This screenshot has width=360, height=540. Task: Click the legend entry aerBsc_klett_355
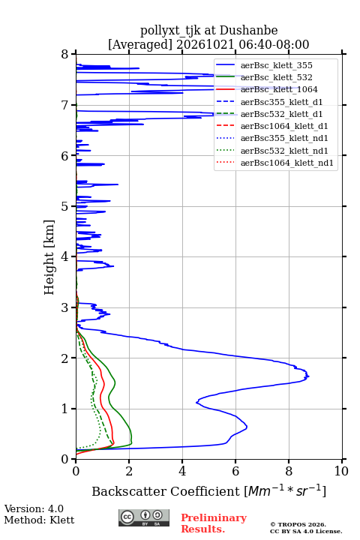[x=276, y=65]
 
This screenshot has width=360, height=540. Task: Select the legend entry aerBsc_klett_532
[x=276, y=77]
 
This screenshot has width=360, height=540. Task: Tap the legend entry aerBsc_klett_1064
[x=279, y=89]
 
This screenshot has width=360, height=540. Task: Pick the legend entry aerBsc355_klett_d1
[x=281, y=102]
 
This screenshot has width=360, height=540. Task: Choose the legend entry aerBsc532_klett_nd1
[x=284, y=151]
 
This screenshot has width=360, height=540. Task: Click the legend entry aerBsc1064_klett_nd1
[x=287, y=163]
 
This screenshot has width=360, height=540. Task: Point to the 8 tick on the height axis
[x=73, y=54]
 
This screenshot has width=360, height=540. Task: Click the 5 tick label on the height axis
[x=64, y=207]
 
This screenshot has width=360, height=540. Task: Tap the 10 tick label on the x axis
[x=341, y=471]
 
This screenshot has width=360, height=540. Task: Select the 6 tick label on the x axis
[x=235, y=471]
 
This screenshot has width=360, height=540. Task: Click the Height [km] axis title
[x=49, y=257]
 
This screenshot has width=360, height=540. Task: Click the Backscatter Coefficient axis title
[x=208, y=490]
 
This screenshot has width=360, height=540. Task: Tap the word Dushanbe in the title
[x=249, y=31]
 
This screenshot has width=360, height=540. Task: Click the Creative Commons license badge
[x=144, y=517]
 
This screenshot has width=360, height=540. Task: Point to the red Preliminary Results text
[x=214, y=523]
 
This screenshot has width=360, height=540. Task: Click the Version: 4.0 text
[x=34, y=508]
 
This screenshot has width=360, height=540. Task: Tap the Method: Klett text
[x=39, y=520]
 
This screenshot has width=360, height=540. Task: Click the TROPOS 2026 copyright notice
[x=298, y=524]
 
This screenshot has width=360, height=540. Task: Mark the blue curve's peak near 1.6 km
[x=309, y=376]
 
